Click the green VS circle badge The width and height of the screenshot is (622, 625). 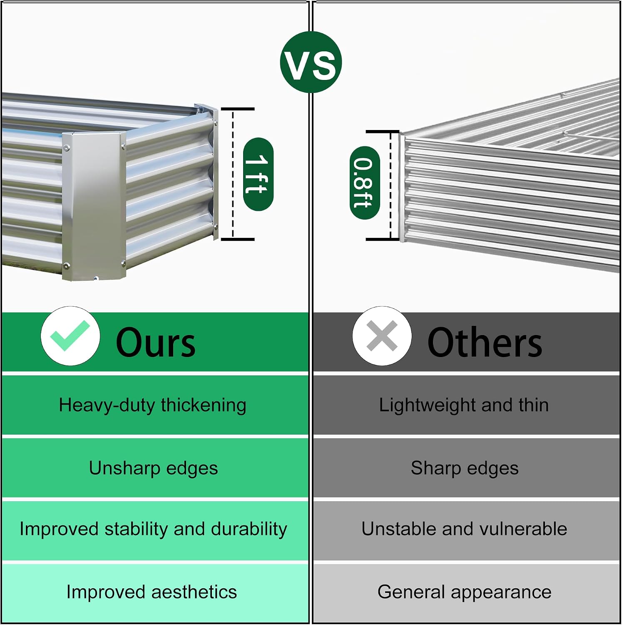311,62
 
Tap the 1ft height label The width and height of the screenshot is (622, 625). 258,174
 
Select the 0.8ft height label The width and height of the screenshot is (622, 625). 365,182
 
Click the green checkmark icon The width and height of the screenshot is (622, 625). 70,336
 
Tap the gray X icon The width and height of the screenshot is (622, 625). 382,336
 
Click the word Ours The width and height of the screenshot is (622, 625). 155,343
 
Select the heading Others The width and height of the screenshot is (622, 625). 485,342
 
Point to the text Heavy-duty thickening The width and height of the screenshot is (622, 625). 152,405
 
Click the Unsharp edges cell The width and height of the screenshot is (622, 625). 155,467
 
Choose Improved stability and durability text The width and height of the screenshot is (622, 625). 153,529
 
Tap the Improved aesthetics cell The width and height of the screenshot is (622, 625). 155,592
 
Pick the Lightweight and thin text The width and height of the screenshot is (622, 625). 464,405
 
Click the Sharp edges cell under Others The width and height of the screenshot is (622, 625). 466,467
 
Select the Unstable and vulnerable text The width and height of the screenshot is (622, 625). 464,529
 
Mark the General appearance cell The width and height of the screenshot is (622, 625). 466,592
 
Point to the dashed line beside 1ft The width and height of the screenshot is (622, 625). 233,174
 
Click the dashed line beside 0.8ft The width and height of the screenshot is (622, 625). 391,185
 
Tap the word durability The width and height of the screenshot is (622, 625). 249,529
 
